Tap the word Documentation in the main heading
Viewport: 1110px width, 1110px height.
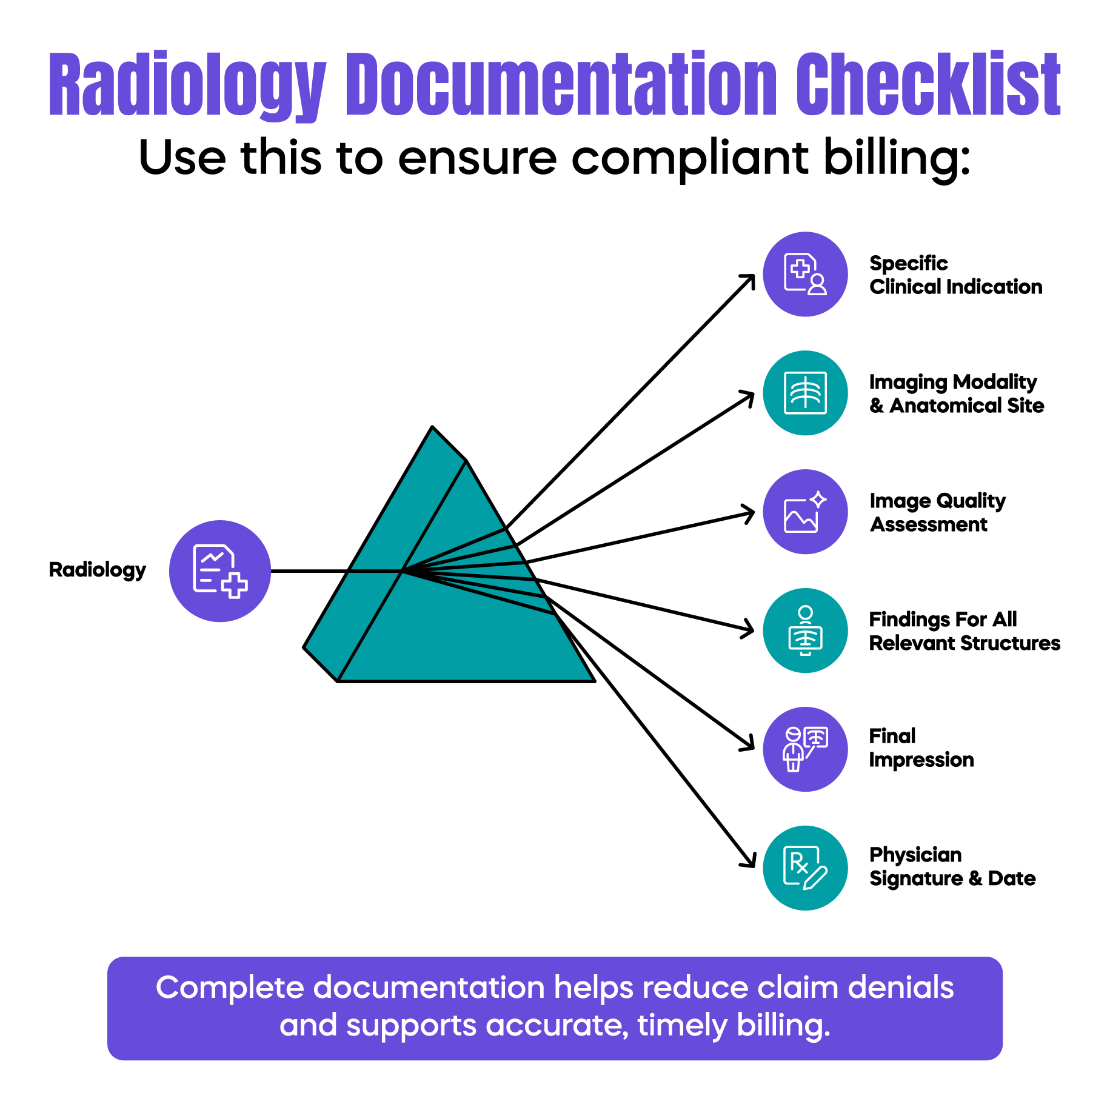point(561,85)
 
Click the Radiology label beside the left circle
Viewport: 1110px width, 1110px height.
point(97,570)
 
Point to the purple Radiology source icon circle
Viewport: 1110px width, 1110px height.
point(219,571)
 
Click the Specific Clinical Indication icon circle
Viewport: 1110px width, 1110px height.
point(805,274)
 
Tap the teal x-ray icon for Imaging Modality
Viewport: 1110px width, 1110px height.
point(805,393)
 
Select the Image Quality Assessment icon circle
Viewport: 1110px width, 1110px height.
point(805,512)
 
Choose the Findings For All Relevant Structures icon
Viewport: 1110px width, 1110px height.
point(805,630)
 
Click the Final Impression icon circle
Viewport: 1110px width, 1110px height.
point(805,749)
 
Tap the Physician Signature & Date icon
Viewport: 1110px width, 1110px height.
point(805,868)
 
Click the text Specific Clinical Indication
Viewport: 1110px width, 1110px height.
point(955,275)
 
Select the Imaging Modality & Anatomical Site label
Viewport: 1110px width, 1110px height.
point(956,393)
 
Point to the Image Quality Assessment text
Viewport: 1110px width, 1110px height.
point(937,512)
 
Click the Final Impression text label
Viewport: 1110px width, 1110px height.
point(921,747)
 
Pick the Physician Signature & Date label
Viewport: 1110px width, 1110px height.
point(952,866)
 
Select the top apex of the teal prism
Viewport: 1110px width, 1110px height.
point(432,427)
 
